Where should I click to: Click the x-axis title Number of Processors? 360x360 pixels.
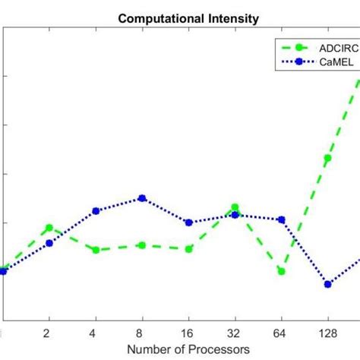coord(188,349)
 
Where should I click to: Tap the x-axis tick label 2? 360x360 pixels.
coord(49,333)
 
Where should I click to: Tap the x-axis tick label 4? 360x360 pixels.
coord(95,333)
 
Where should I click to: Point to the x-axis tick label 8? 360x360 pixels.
coord(141,333)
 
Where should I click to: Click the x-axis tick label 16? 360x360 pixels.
coord(188,333)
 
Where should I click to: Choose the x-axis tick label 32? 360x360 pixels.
coord(235,333)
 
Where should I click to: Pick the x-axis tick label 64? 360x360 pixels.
coord(281,333)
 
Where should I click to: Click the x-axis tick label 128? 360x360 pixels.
coord(328,333)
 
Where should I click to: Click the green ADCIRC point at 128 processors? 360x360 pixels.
coord(328,159)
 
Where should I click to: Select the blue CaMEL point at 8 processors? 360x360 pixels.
coord(141,198)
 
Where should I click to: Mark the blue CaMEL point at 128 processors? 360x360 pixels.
coord(328,284)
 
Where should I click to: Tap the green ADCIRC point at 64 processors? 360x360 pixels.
coord(281,271)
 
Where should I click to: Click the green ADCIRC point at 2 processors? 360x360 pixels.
coord(49,228)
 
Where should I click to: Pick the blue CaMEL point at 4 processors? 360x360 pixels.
coord(95,211)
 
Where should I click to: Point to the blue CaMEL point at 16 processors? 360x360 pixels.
coord(188,223)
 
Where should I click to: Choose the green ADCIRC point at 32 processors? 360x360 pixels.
coord(235,207)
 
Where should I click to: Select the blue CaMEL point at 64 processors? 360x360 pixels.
coord(281,219)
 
